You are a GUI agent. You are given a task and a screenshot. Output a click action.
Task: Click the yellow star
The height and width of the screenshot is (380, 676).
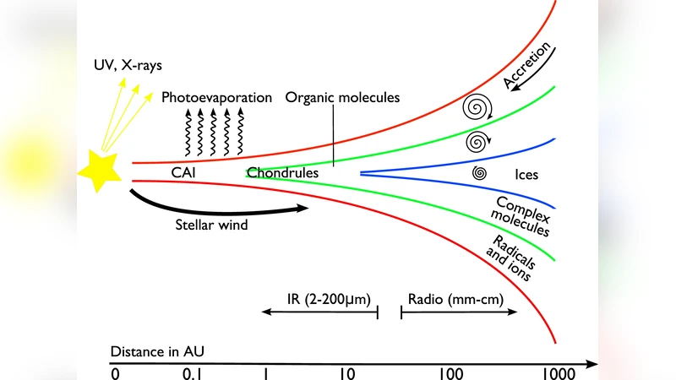[x=100, y=171]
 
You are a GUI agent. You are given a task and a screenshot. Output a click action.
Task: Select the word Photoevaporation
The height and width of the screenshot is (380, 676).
[x=217, y=97]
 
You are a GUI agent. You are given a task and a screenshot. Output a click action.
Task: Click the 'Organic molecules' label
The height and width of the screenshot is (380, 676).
[x=342, y=97]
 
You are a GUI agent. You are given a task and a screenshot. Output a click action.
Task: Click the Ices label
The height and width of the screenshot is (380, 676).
[x=526, y=176]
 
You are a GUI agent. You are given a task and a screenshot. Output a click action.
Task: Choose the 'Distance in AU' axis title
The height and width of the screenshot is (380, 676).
[x=156, y=350]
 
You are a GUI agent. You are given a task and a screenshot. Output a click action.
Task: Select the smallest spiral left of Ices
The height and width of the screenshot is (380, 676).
[x=479, y=174]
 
